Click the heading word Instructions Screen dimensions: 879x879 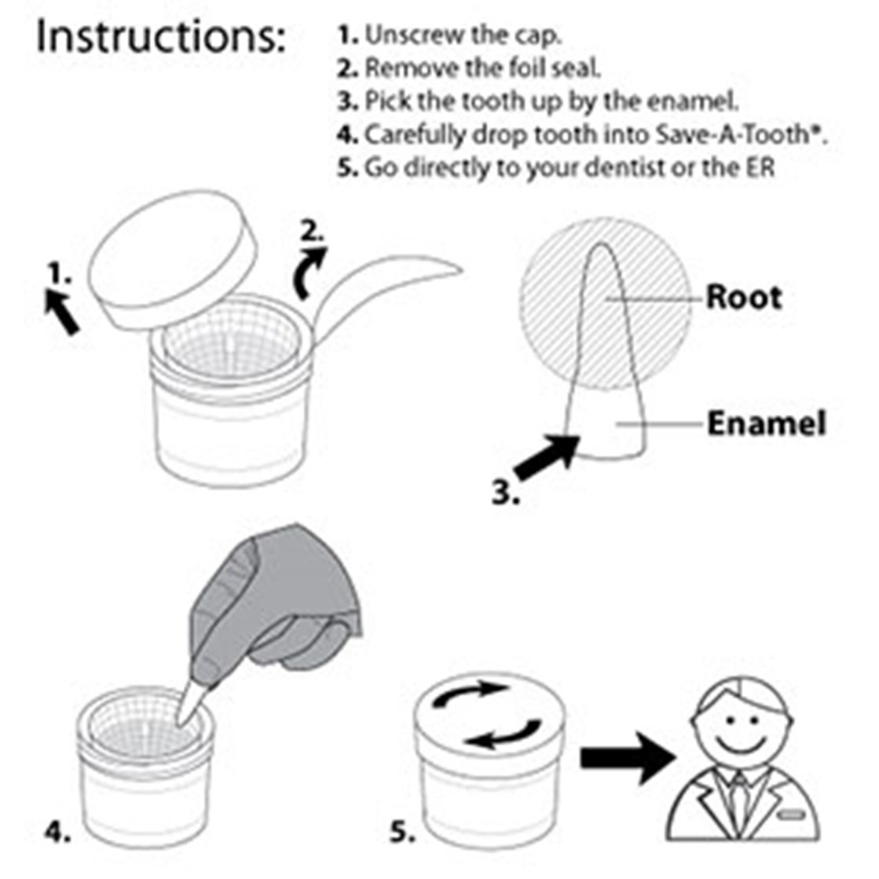tap(160, 37)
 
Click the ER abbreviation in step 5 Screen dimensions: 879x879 tap(760, 167)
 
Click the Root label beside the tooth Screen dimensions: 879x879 tap(743, 297)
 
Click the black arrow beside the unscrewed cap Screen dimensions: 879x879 tap(63, 311)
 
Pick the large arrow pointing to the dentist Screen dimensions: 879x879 tap(628, 758)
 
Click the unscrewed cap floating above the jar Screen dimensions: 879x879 tap(174, 259)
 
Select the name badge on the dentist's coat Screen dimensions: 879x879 tap(792, 814)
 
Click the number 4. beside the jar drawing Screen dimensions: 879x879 tap(58, 832)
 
